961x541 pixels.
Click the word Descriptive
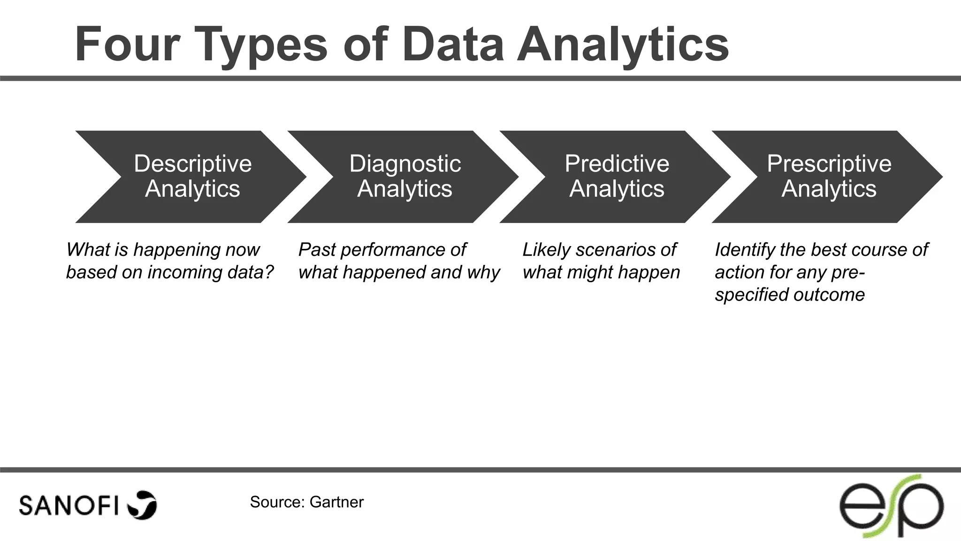point(193,164)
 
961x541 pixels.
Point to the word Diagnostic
point(405,164)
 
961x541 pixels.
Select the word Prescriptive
point(829,164)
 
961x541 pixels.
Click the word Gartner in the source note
point(336,502)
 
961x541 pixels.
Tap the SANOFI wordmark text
point(69,506)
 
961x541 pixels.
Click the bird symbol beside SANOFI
point(142,505)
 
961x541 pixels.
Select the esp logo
point(891,506)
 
